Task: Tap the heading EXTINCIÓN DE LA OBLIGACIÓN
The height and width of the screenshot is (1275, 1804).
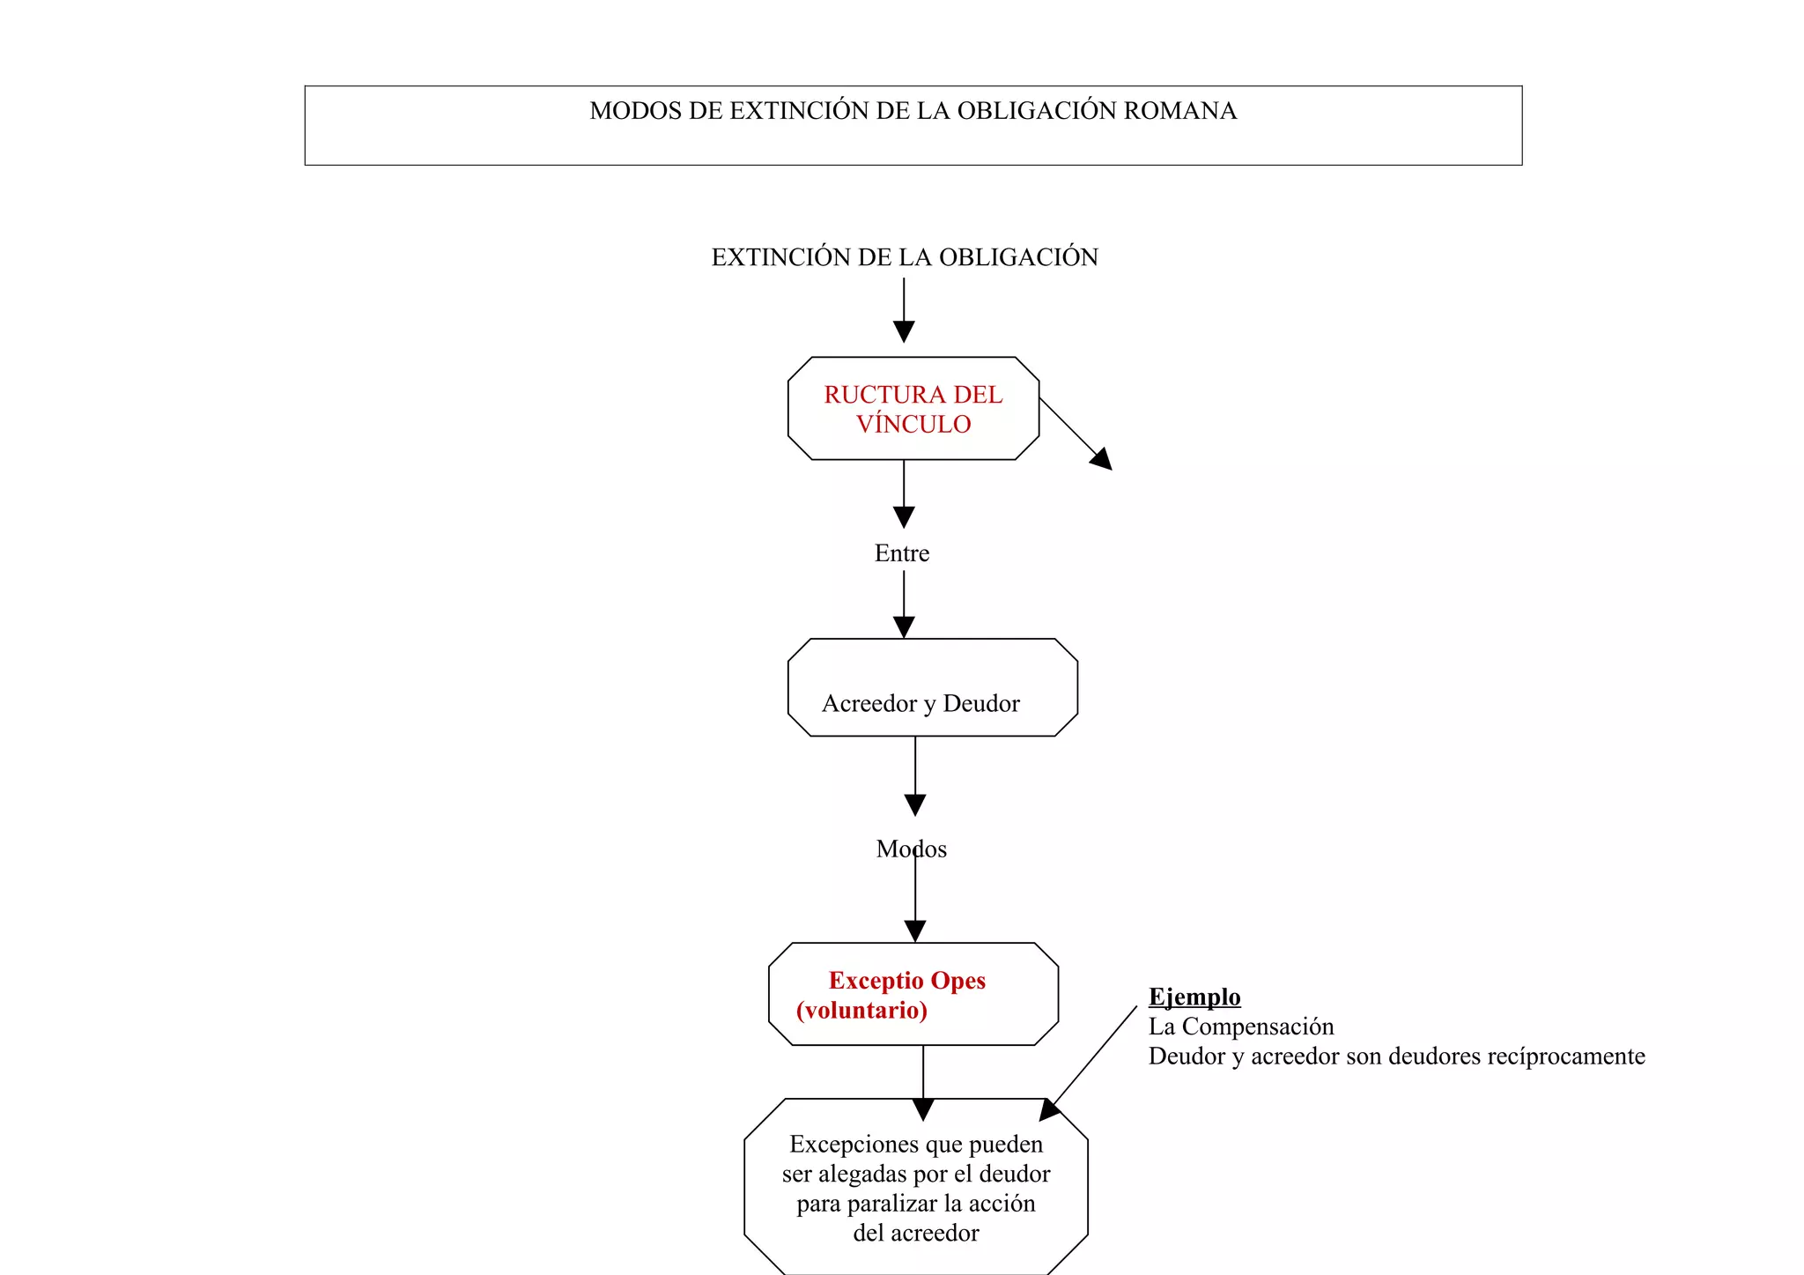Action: (x=905, y=257)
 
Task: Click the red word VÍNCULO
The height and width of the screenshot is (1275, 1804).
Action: (x=913, y=425)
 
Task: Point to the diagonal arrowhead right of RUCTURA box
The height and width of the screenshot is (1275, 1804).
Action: (x=1102, y=459)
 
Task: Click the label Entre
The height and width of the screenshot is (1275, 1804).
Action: (x=902, y=553)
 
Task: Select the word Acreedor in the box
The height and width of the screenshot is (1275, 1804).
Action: (x=869, y=704)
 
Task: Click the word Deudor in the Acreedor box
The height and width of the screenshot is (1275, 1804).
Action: (x=981, y=704)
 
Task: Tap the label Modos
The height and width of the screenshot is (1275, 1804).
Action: (x=911, y=849)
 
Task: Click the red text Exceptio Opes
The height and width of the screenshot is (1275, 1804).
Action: (x=907, y=981)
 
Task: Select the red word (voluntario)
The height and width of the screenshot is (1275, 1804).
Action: (x=861, y=1011)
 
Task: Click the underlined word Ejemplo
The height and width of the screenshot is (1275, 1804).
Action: (x=1194, y=997)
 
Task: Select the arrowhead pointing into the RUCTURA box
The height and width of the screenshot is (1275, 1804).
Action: (x=904, y=332)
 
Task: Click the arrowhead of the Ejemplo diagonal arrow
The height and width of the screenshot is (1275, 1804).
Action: (x=1049, y=1110)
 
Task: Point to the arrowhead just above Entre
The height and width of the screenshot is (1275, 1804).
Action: (x=904, y=517)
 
